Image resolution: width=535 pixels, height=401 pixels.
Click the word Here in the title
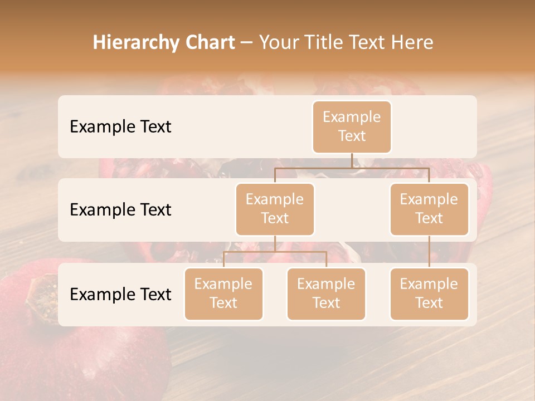[x=413, y=43]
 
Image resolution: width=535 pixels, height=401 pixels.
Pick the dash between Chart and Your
[x=247, y=43]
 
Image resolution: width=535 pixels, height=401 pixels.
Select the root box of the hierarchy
[x=352, y=126]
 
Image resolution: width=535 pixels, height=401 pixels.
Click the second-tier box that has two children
[x=275, y=209]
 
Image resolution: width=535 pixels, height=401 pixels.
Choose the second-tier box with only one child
[x=429, y=209]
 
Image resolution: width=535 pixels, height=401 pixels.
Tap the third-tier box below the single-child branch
[x=429, y=294]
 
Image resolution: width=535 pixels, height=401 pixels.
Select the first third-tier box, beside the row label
[x=223, y=294]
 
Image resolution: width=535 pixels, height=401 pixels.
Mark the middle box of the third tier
[x=326, y=294]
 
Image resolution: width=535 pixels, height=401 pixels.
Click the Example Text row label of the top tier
[x=120, y=126]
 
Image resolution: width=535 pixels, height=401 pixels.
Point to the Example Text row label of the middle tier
[x=120, y=209]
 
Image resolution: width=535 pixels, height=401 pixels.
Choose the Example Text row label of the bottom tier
[x=120, y=294]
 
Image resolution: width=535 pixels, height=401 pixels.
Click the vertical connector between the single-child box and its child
[x=429, y=252]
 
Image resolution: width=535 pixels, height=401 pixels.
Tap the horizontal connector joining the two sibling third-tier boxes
[x=275, y=252]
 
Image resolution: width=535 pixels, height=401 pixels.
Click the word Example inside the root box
[x=352, y=117]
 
